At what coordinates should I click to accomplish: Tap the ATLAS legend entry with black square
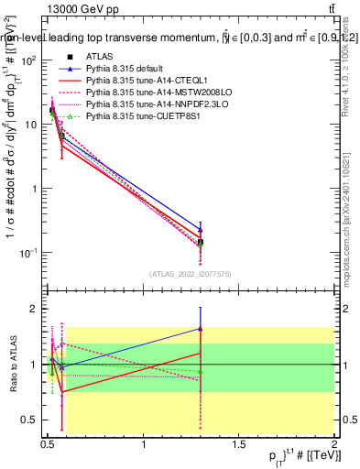101,57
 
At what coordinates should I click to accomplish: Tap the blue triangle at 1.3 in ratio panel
201,328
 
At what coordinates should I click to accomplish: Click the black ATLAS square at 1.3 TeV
201,242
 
